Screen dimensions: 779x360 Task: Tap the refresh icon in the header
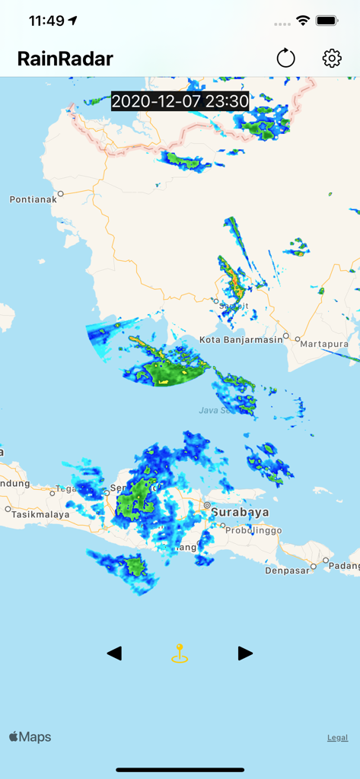pos(285,58)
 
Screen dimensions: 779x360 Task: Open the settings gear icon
pos(332,58)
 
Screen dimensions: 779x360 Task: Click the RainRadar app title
pos(65,59)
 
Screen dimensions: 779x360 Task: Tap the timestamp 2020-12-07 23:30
pos(180,101)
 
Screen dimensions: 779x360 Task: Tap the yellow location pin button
pos(180,653)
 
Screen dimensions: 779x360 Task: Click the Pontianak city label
pos(33,199)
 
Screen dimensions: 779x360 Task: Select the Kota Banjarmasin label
pos(241,339)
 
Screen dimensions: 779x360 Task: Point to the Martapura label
pos(323,344)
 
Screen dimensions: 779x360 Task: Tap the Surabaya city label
pos(240,512)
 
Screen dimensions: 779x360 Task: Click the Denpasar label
pos(288,570)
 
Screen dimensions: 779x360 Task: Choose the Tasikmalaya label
pos(35,514)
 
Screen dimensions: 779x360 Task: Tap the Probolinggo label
pos(253,530)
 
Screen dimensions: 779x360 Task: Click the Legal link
pos(338,737)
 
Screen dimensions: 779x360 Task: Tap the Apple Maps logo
pos(30,736)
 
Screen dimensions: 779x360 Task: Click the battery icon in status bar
pos(327,21)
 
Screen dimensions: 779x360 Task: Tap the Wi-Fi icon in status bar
pos(303,21)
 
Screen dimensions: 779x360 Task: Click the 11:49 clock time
pos(46,21)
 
